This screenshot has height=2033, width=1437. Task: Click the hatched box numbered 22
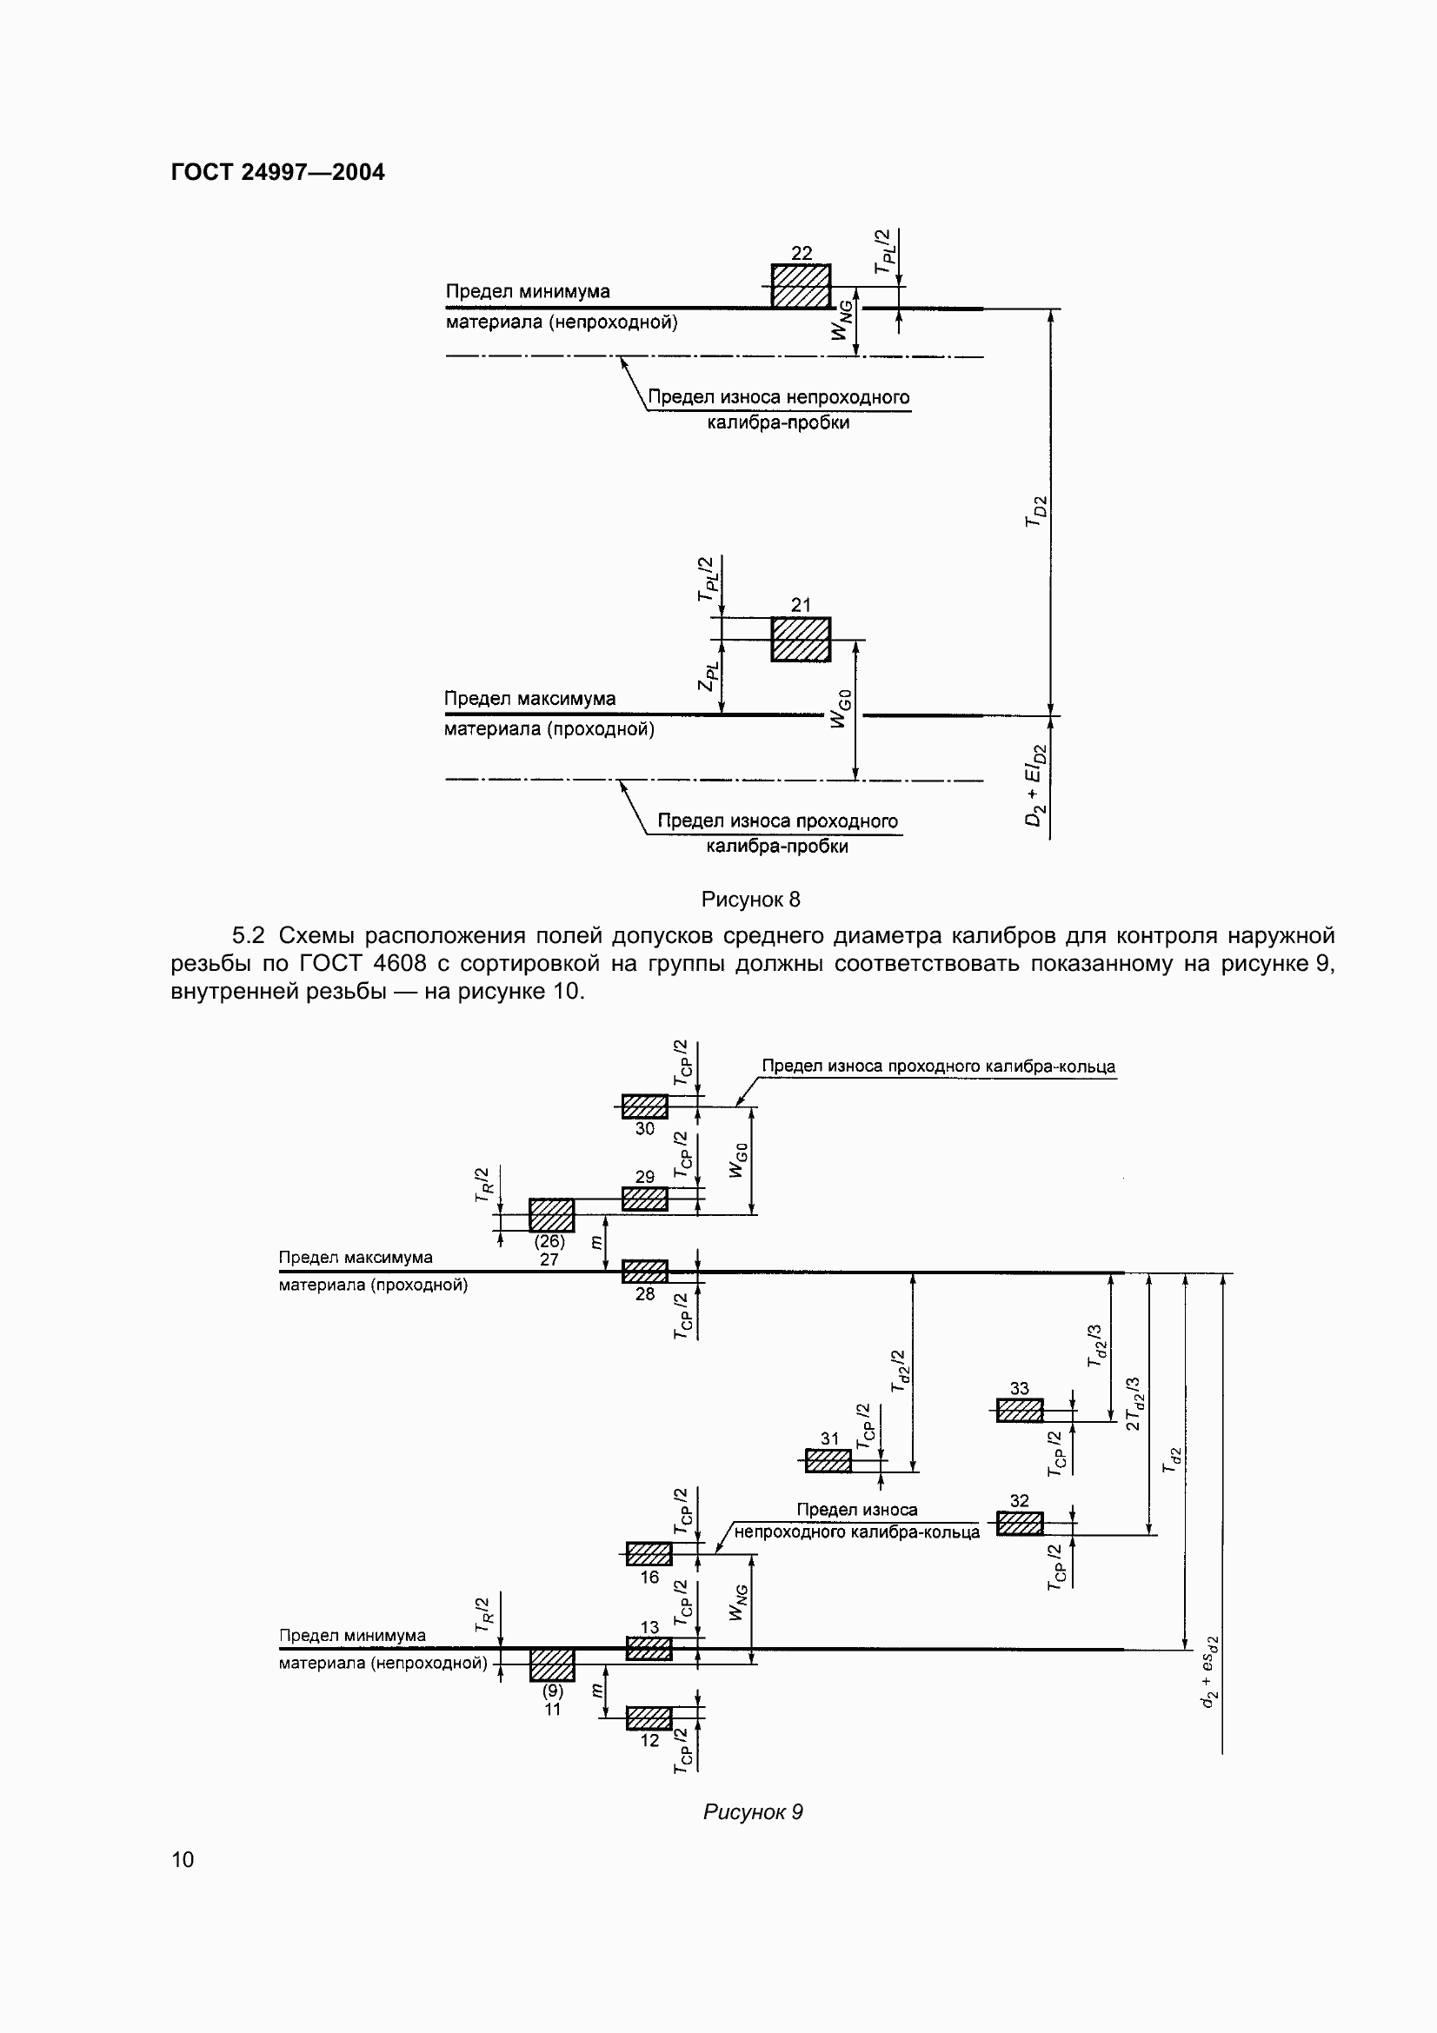click(x=801, y=286)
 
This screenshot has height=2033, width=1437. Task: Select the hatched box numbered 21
click(x=801, y=640)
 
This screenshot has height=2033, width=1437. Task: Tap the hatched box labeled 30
click(x=644, y=1106)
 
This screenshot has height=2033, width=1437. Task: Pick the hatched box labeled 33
click(x=1019, y=1410)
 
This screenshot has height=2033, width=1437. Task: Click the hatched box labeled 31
click(x=828, y=1461)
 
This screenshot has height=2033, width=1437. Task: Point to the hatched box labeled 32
click(x=1019, y=1523)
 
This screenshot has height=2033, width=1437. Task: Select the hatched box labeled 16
click(x=649, y=1554)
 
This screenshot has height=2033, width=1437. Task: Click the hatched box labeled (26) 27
click(x=552, y=1215)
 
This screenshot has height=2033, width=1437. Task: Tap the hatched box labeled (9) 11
click(x=552, y=1664)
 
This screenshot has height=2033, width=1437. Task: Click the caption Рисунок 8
click(x=751, y=900)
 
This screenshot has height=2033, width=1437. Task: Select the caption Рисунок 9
click(x=753, y=1812)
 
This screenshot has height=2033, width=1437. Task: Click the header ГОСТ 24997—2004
click(x=278, y=172)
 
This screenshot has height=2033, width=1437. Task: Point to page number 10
click(x=183, y=1859)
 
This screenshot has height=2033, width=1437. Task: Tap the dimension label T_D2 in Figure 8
click(x=1036, y=512)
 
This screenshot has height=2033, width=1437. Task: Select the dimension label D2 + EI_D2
click(x=1036, y=786)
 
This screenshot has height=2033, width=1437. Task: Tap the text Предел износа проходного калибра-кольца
click(x=939, y=1066)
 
